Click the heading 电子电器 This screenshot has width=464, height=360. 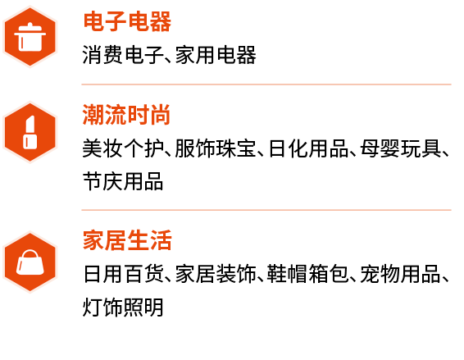point(127,21)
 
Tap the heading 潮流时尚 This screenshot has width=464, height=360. point(126,115)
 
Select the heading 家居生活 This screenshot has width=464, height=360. point(127,240)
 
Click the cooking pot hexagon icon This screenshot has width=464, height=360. point(30,37)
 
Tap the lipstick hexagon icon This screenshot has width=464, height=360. point(30,132)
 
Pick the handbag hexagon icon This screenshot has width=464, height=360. point(30,262)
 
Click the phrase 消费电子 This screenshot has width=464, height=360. point(123,55)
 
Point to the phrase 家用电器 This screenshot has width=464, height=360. point(216,55)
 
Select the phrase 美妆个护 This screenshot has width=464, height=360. point(123,148)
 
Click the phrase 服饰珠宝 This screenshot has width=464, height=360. point(216,148)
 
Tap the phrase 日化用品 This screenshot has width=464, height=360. point(308,148)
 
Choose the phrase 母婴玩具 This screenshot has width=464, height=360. point(401,148)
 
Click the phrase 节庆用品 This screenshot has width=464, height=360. point(123,181)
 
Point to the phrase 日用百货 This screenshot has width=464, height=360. point(124,274)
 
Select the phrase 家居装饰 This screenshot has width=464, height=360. point(216,274)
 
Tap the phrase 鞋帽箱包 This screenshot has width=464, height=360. point(308,274)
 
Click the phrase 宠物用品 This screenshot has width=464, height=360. point(401,274)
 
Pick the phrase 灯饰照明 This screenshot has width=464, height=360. point(123,307)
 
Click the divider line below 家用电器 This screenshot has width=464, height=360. point(266,84)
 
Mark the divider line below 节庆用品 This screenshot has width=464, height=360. point(266,210)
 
